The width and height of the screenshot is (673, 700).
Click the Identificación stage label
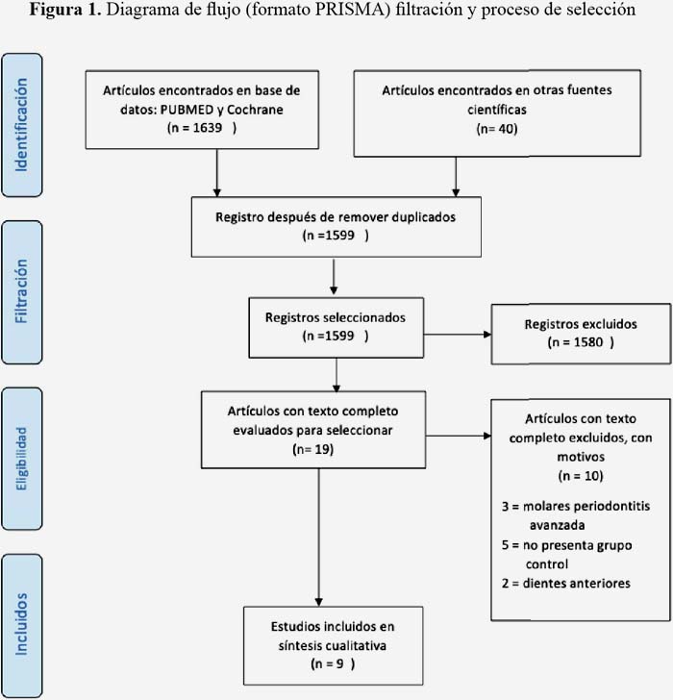(x=21, y=125)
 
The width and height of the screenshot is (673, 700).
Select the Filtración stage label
(x=21, y=291)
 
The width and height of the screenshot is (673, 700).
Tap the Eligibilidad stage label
(x=21, y=459)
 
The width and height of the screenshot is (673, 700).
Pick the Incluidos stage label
(x=21, y=624)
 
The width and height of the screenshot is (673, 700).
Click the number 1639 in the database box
(x=208, y=128)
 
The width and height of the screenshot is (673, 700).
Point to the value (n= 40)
(x=497, y=129)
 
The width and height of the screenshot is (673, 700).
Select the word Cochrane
(x=255, y=110)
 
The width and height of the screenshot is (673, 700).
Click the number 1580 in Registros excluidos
(x=588, y=342)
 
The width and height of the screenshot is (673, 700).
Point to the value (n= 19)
(x=313, y=449)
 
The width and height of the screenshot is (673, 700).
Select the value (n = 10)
(x=581, y=475)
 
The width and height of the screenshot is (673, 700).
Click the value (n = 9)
(x=333, y=663)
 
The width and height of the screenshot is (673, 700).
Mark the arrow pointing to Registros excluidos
(x=458, y=335)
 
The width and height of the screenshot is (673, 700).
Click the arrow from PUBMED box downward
(x=217, y=173)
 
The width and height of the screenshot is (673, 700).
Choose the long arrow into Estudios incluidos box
(x=318, y=537)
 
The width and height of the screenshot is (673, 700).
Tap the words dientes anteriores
(x=576, y=583)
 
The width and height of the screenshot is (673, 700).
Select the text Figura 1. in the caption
(x=65, y=10)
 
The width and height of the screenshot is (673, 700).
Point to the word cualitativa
(x=356, y=645)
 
